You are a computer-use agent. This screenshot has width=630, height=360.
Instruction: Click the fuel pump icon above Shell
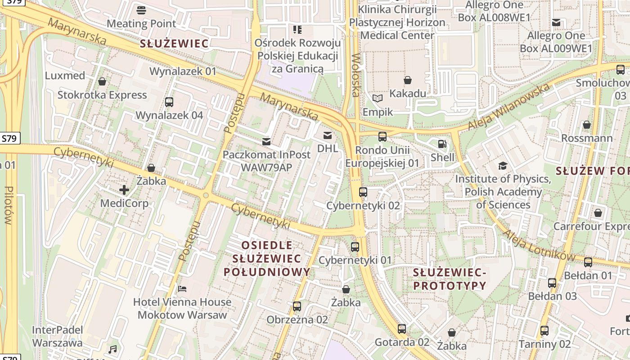point(442,144)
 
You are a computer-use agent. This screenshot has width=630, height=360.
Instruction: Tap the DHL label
point(327,148)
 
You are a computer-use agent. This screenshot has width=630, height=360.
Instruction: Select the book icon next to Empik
point(378,98)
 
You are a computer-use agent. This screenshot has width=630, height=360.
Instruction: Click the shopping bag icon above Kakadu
point(408,81)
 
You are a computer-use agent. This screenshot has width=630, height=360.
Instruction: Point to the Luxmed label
point(65,75)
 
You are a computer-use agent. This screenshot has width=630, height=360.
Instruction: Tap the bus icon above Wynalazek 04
point(169,102)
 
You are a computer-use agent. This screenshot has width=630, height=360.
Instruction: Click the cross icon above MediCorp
point(124,190)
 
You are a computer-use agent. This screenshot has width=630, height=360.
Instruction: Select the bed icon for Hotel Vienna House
point(182,288)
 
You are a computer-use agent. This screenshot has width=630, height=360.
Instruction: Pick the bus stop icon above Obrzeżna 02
point(297,306)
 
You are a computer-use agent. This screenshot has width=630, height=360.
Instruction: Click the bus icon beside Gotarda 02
point(402,329)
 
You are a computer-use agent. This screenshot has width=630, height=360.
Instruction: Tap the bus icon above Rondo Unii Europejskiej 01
point(382,137)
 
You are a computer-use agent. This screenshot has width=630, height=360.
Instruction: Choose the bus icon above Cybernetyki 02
point(363,192)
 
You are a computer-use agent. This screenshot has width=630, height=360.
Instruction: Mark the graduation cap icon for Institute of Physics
point(503,166)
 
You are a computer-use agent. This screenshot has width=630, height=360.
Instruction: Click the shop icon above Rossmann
point(587,125)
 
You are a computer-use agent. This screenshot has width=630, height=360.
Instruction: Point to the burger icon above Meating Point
point(141,10)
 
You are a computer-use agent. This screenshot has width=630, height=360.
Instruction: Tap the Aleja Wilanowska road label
point(508,106)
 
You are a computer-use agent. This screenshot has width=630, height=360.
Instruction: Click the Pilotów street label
point(8,205)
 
